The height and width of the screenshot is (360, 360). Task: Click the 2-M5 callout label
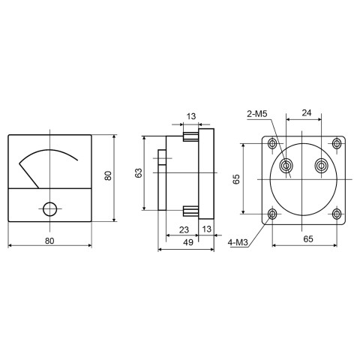(257, 114)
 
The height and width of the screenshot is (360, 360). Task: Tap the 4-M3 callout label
(238, 242)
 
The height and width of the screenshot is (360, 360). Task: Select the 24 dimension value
(307, 113)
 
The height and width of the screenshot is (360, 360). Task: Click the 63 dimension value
(139, 173)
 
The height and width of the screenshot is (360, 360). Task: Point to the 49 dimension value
(188, 242)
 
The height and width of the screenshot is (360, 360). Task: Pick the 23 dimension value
(184, 229)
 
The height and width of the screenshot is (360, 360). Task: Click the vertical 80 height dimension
(108, 175)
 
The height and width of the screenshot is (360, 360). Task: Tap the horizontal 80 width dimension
(49, 241)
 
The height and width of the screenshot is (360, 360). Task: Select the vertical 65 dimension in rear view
(236, 179)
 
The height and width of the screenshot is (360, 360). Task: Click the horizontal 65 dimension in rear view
(308, 239)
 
